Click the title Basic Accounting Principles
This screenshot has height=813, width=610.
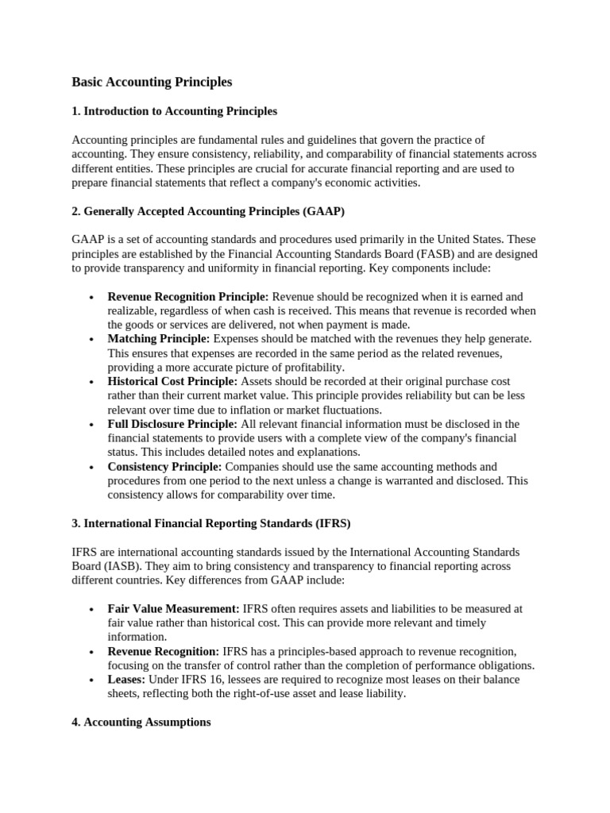coord(152,82)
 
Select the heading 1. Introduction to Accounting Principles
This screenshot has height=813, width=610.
coord(174,111)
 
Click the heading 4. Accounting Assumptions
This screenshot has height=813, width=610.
coord(141,722)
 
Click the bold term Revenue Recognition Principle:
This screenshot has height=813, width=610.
coord(188,296)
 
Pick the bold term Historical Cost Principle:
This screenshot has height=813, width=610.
coord(172,381)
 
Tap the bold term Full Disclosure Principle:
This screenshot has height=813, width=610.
coord(172,424)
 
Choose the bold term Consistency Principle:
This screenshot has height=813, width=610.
coord(164,467)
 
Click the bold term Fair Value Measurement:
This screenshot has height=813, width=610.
coord(173,608)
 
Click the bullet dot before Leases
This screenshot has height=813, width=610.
coord(92,680)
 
